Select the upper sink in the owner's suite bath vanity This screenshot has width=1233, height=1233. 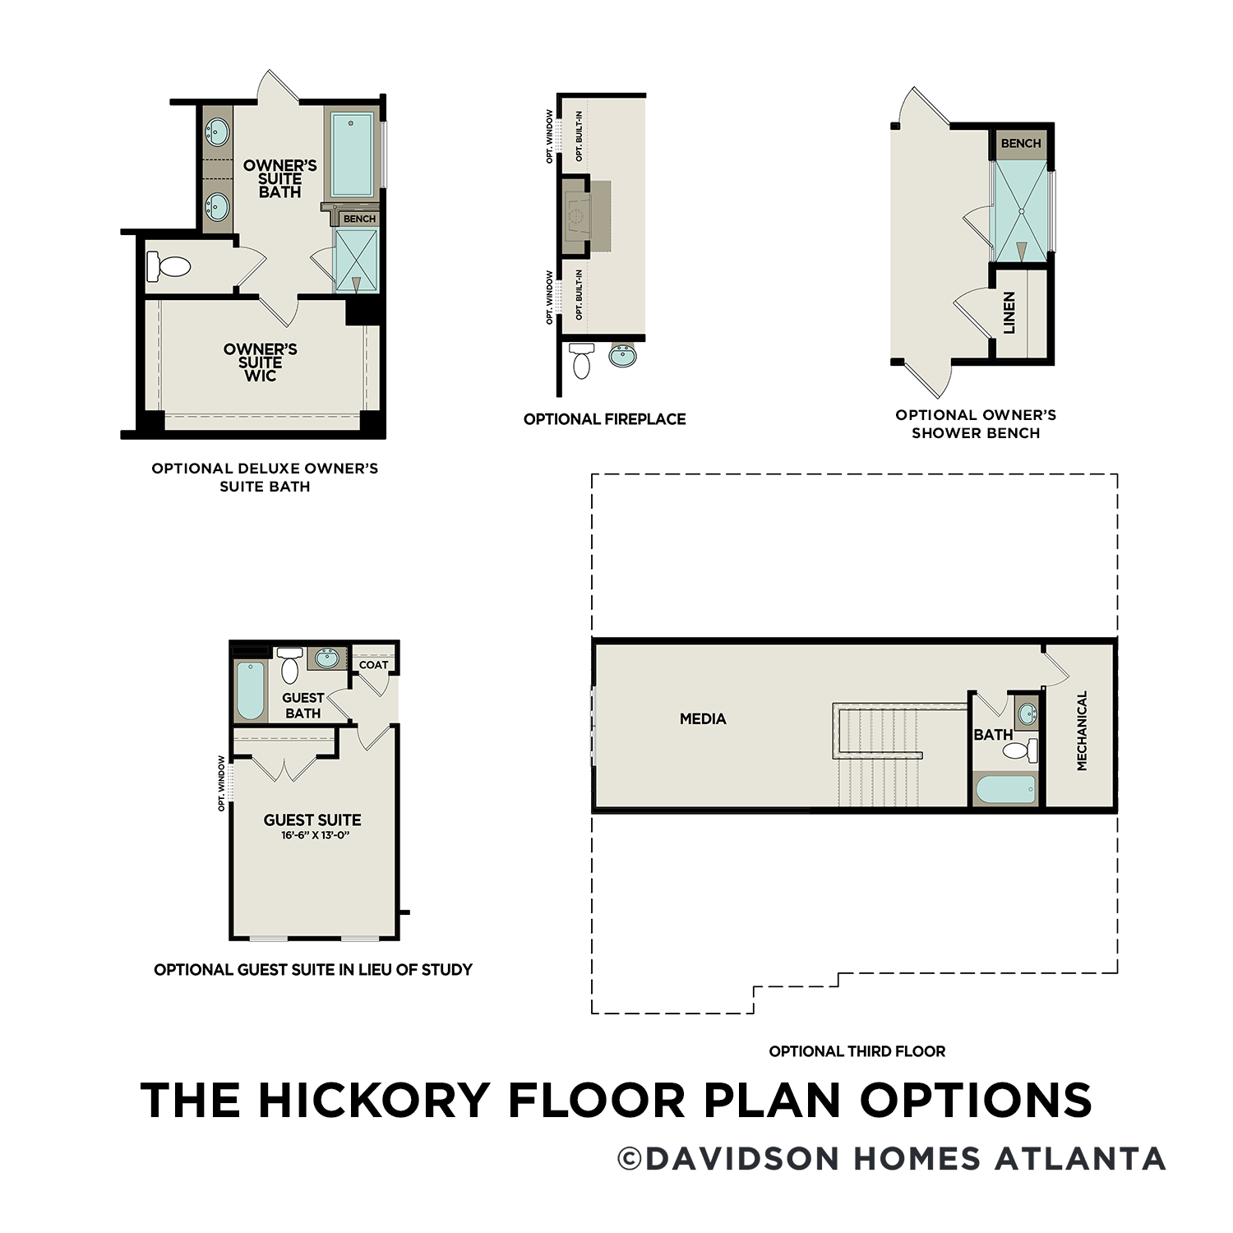coord(217,131)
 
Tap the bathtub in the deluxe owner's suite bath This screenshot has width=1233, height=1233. coord(352,154)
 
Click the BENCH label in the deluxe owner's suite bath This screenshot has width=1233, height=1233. coord(359,219)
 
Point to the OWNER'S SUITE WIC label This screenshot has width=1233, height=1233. coord(261,363)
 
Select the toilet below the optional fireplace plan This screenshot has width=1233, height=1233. coord(581,360)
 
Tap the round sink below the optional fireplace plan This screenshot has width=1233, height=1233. coord(623,355)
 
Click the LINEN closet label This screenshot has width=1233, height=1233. coord(1009,312)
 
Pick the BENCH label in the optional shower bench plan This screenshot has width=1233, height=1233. coord(1021,143)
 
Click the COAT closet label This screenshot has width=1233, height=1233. coord(373,664)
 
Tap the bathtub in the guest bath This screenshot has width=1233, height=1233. coord(251,690)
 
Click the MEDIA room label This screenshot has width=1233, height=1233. coord(703,718)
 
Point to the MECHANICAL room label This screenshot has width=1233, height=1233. coord(1082,730)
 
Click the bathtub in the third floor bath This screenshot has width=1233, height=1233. coord(1005,790)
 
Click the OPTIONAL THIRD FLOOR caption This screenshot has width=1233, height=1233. coord(857,1051)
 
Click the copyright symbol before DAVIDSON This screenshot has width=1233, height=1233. coord(630,1159)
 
